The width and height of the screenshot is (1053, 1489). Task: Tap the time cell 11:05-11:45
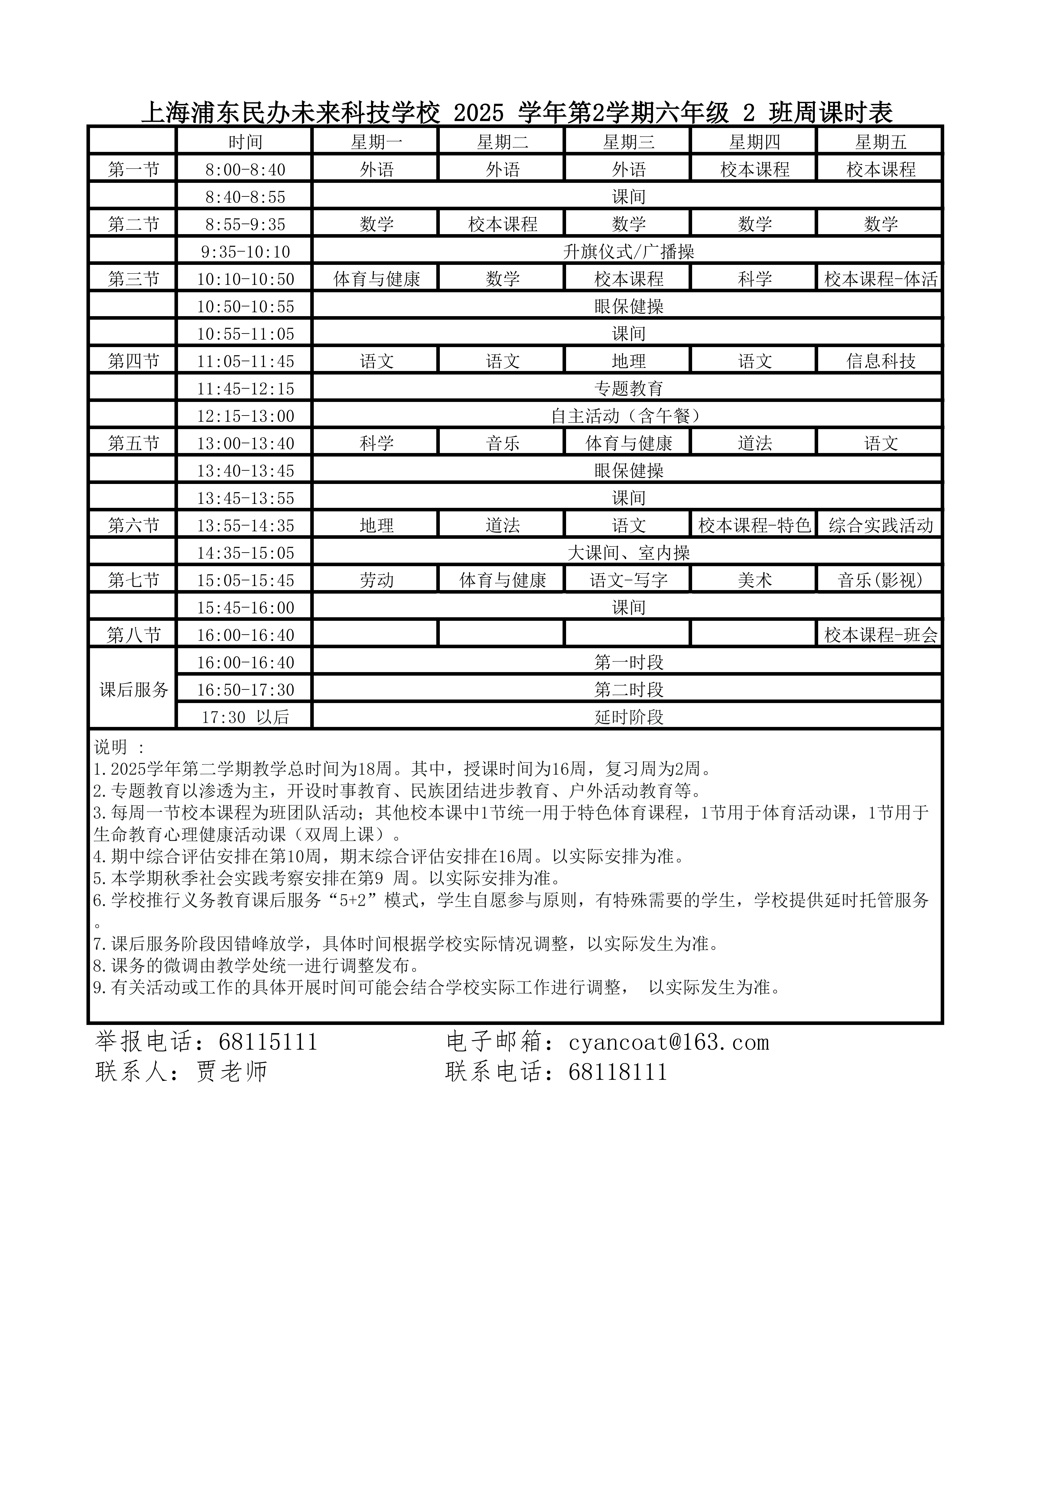245,361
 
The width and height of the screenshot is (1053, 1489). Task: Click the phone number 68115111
268,1042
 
